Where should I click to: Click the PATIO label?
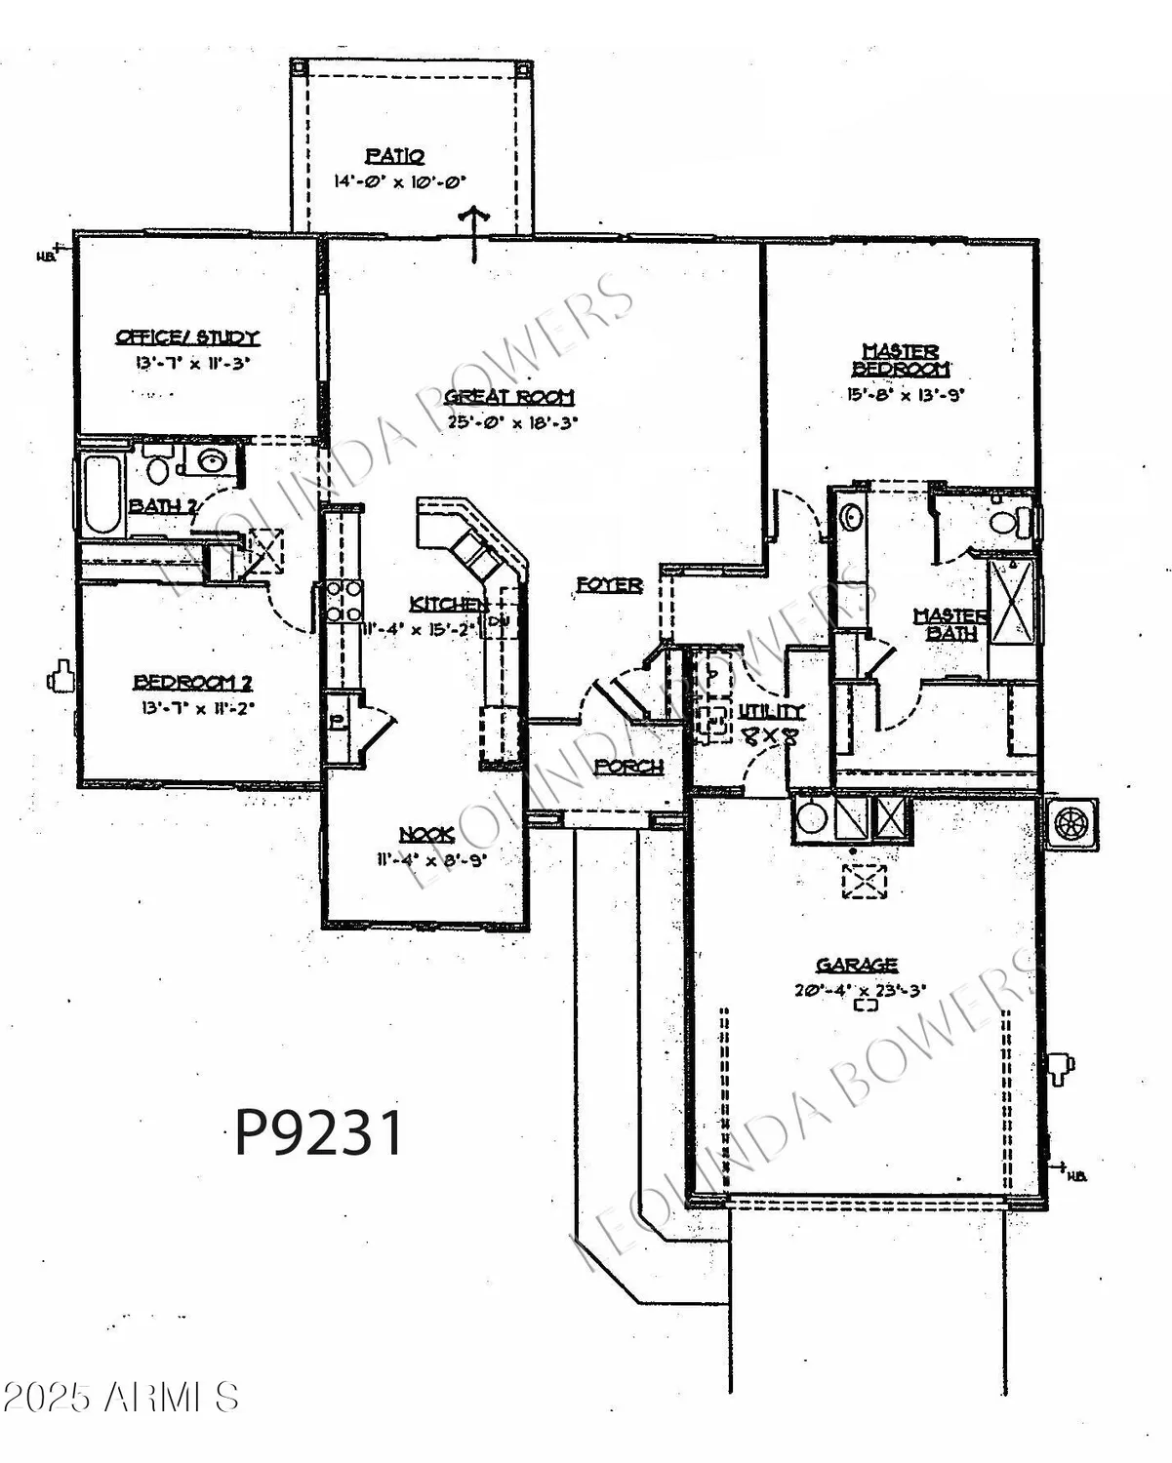pos(395,155)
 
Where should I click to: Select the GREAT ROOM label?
pos(509,397)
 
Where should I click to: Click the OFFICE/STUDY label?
pos(187,337)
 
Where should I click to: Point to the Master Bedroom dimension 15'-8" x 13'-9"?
pos(900,395)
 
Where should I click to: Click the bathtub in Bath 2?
pos(101,494)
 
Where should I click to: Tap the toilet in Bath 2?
pos(157,465)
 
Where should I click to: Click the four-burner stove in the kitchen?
pos(343,601)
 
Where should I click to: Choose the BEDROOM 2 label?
pos(192,682)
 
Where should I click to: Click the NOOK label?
pos(426,834)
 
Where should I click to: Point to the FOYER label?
pos(609,584)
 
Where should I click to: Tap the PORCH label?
pos(629,767)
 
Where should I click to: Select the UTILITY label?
pos(771,711)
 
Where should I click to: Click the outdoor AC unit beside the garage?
pos(1071,824)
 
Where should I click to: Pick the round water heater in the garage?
pos(812,817)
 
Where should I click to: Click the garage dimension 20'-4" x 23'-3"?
pos(860,989)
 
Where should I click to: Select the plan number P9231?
pos(319,1133)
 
